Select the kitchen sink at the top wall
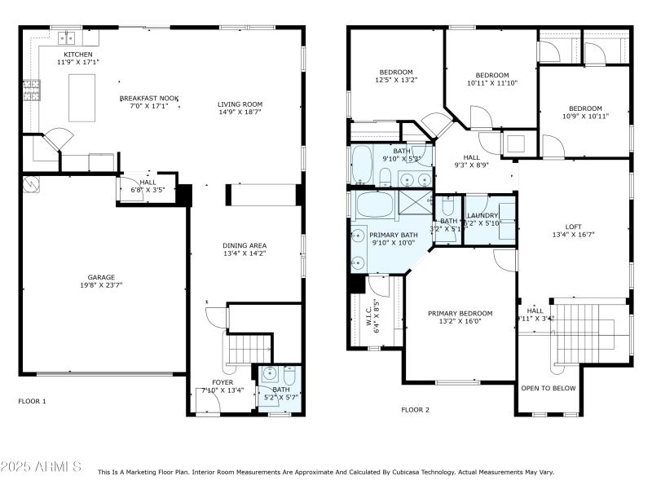pos(65,37)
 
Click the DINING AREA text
pos(244,245)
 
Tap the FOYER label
pos(222,381)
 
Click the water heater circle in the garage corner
pos(30,184)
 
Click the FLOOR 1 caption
pos(33,401)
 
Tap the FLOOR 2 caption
pos(415,409)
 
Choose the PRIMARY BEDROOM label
pos(460,313)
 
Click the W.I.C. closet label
pos(377,315)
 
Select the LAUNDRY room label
pos(482,215)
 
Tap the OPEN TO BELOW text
pos(548,388)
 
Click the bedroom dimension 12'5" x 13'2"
pos(395,80)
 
